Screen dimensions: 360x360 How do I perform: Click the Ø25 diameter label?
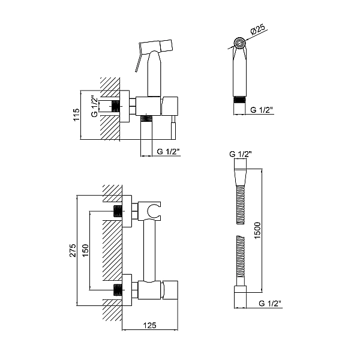[257, 29]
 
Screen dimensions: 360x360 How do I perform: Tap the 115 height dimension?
[76, 115]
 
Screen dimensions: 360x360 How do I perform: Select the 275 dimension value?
[73, 250]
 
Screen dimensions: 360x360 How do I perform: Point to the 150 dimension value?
[85, 250]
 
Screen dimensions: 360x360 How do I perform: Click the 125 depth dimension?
[149, 325]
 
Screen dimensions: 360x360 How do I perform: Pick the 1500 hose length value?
[257, 230]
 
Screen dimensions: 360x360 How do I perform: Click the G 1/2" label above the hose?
[241, 154]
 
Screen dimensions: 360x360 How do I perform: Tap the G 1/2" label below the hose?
[270, 303]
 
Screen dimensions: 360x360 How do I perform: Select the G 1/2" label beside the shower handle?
[262, 110]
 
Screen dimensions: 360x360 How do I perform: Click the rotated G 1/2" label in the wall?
[95, 106]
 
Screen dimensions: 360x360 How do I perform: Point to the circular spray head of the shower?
[240, 43]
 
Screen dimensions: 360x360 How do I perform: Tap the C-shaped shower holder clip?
[154, 211]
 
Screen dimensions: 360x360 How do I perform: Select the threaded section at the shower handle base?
[239, 100]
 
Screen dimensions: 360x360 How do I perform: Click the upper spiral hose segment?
[241, 205]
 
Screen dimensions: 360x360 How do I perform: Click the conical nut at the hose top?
[240, 177]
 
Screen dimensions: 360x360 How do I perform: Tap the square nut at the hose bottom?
[240, 289]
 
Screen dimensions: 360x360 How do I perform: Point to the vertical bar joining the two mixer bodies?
[149, 250]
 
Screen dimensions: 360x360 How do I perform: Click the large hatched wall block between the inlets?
[112, 250]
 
